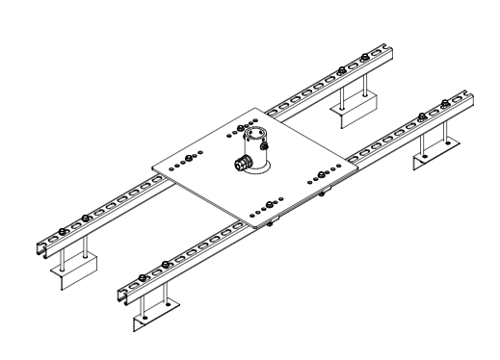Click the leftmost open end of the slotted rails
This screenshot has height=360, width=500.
[x=39, y=246]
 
